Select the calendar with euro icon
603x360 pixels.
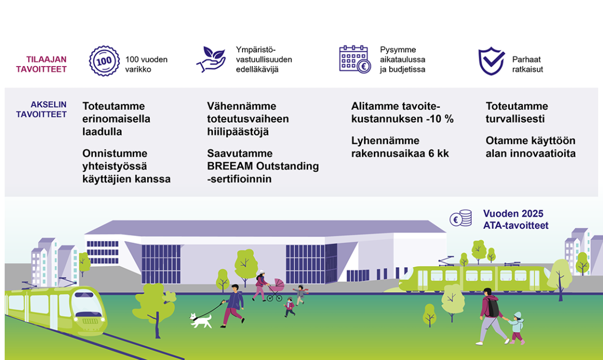point(355,59)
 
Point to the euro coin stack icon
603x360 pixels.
point(461,218)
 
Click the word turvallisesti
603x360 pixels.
point(515,119)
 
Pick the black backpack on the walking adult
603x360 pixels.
point(493,308)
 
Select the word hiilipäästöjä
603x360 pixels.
point(238,132)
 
